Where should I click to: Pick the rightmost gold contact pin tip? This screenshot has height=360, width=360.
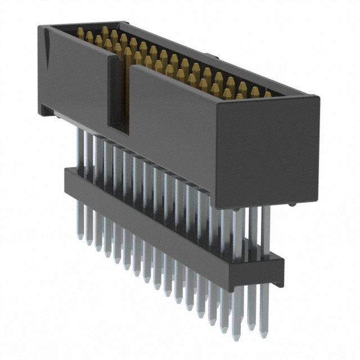point(268,94)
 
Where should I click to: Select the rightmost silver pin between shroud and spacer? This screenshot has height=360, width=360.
point(265,231)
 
